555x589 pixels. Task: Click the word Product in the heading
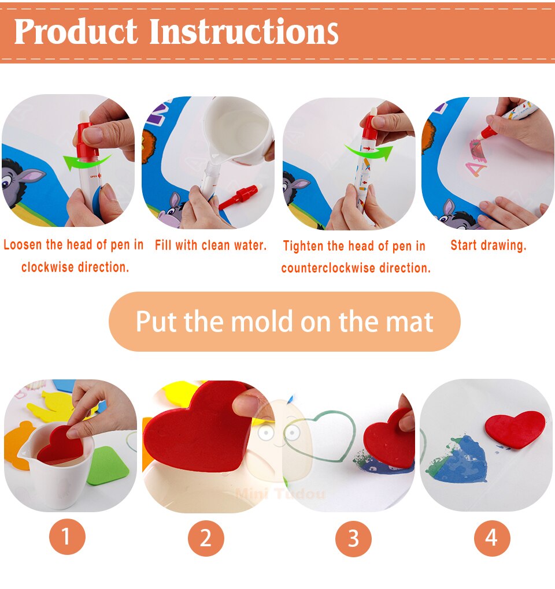click(76, 32)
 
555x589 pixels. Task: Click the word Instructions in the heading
click(243, 32)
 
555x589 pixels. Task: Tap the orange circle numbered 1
click(67, 537)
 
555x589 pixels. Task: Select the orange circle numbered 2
click(206, 538)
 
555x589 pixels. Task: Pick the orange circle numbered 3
click(353, 538)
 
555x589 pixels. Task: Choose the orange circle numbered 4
click(492, 538)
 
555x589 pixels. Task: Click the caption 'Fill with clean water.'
click(210, 245)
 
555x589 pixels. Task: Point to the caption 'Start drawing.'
click(488, 245)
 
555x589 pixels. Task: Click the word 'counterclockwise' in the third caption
click(328, 268)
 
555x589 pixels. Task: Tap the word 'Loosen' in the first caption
click(23, 244)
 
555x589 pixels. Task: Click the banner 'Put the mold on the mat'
click(284, 322)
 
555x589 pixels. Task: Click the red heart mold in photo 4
click(515, 428)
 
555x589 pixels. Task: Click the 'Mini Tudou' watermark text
click(280, 493)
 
